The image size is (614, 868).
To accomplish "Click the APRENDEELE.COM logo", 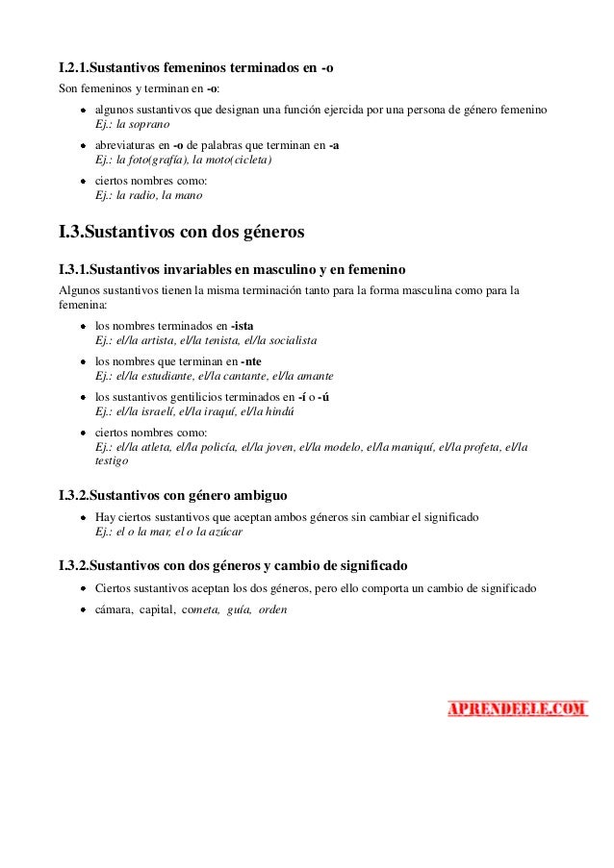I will [517, 709].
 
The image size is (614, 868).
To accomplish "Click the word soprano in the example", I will [151, 125].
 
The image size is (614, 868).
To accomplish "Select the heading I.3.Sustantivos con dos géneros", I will [182, 234].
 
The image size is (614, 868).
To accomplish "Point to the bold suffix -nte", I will [251, 361].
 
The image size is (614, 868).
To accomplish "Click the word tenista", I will [223, 340].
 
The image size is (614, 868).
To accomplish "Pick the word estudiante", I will [162, 376].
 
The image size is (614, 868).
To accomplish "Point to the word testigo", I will [112, 461].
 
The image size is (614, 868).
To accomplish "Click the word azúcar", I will [222, 531].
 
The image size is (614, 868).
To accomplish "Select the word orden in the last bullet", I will [274, 610].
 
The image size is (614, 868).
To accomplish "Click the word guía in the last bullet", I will [236, 610].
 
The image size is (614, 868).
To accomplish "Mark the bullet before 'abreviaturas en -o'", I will [85, 145].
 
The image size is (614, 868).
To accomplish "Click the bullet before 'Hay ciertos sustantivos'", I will [85, 517].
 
